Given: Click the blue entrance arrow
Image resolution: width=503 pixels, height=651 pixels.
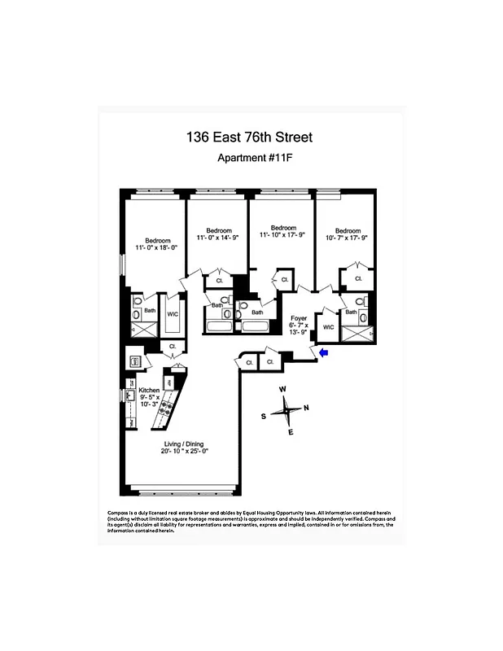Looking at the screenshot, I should pos(323,352).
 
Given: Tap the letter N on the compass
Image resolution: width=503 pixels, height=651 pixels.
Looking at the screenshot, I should pos(306,408).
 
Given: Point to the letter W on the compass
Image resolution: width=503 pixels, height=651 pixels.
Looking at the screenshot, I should pos(283,389).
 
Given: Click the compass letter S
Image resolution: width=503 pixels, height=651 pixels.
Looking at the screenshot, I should pos(264,416).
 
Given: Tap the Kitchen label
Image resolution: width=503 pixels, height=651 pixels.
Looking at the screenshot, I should pos(149,390).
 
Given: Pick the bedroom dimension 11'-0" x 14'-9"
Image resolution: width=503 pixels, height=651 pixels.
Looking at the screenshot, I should pos(218,238).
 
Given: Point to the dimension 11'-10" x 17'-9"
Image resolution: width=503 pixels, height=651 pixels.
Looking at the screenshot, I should pos(282,236).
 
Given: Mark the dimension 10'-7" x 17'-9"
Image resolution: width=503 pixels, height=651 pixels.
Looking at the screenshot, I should pos(348,238).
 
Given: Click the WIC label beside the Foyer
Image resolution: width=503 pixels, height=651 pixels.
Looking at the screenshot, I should pos(328,327).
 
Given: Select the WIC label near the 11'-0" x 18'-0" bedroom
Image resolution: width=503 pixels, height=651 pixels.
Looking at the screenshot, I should pos(173,313).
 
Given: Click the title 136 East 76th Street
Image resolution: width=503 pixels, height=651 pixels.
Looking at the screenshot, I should pos(249,138).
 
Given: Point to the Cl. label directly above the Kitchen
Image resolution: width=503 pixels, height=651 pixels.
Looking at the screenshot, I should pos(171,347).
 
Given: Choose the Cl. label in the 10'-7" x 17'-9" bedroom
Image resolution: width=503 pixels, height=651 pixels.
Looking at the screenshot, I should pos(358,279).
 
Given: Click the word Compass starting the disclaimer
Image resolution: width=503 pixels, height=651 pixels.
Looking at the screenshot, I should pos(119,512).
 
